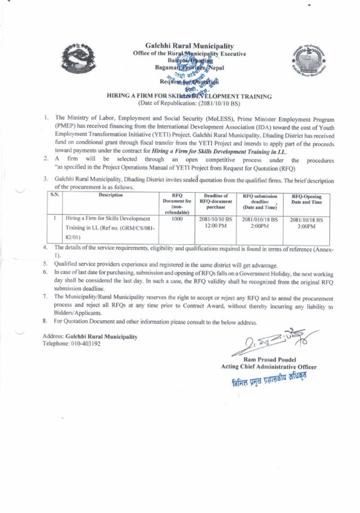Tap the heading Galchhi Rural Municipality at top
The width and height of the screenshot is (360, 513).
pyautogui.click(x=189, y=46)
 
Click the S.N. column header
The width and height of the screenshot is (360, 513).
pyautogui.click(x=54, y=195)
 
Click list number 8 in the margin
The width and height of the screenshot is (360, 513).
pyautogui.click(x=45, y=322)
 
